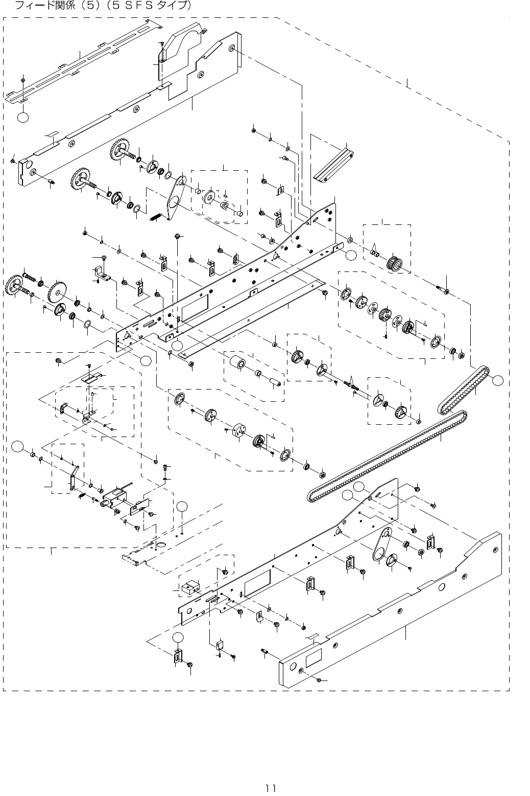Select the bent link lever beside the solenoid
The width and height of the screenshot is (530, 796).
[73, 479]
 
